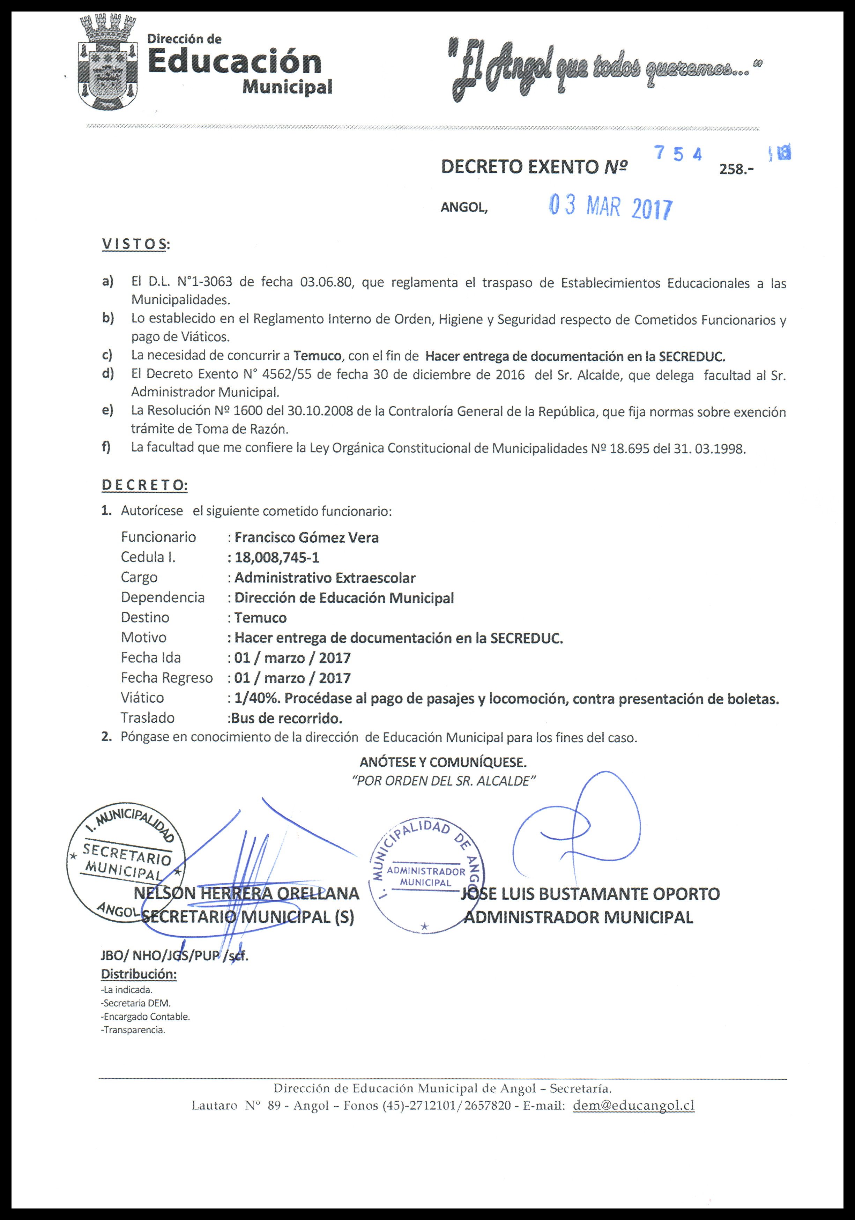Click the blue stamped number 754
tap(679, 154)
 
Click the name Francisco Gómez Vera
tap(307, 538)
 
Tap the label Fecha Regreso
tap(166, 678)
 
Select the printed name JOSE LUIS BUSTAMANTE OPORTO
tap(590, 894)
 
